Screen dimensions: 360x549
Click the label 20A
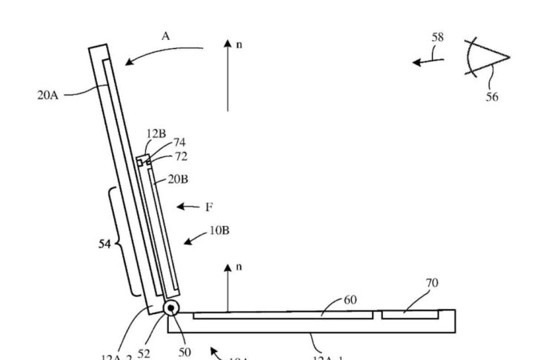click(x=47, y=96)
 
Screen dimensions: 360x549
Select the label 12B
click(x=156, y=133)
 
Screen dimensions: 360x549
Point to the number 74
click(x=179, y=142)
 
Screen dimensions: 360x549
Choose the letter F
click(x=209, y=207)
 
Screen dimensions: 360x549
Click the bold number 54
click(x=104, y=244)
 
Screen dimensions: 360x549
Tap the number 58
click(x=437, y=38)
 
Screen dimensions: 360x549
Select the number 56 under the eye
click(x=492, y=96)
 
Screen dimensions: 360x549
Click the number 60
click(x=350, y=299)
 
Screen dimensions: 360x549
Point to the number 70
click(x=430, y=282)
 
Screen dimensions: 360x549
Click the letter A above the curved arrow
click(x=165, y=35)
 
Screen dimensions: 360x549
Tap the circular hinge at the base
click(x=171, y=308)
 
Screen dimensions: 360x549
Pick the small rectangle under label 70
click(x=409, y=316)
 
